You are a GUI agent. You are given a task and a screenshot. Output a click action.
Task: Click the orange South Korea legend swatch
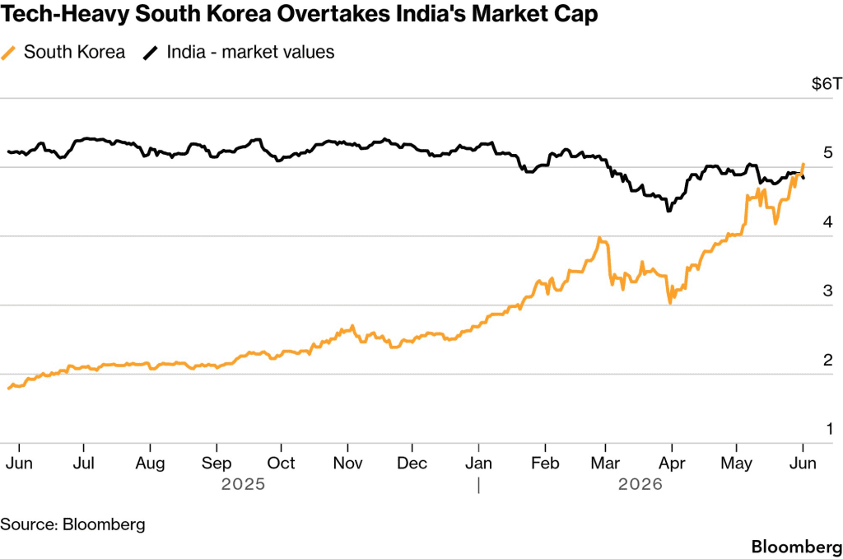8,53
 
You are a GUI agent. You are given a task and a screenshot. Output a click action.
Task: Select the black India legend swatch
151,53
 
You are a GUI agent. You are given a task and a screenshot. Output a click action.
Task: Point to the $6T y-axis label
827,83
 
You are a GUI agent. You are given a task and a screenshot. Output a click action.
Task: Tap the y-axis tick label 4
828,221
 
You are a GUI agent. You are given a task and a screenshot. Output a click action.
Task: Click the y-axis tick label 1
830,428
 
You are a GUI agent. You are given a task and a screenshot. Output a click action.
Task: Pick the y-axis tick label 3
828,291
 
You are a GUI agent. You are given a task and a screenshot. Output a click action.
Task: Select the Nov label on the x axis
348,463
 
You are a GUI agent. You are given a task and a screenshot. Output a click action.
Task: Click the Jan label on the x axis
478,463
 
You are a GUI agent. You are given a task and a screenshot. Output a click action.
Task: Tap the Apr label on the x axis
672,464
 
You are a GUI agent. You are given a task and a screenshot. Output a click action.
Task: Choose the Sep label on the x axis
217,464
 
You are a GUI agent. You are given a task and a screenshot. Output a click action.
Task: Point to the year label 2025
243,484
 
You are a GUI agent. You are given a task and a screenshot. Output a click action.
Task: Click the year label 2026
640,484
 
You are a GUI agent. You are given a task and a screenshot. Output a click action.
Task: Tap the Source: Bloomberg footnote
72,524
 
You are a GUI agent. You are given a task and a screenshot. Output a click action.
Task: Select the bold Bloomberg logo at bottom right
797,547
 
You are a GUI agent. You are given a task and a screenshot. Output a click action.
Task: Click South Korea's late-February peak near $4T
599,238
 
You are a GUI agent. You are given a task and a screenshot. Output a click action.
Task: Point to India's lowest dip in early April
668,211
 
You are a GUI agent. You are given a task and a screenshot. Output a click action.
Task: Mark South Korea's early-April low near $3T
670,303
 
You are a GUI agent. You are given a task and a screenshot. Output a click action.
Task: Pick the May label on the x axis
737,464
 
